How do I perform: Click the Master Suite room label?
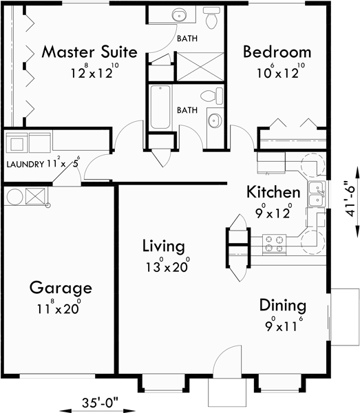(89, 52)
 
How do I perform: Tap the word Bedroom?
(277, 52)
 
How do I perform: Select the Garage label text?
(61, 288)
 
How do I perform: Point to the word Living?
(163, 246)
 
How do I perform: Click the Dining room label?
(283, 306)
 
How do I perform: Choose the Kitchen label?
(273, 192)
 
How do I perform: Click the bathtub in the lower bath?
(160, 107)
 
